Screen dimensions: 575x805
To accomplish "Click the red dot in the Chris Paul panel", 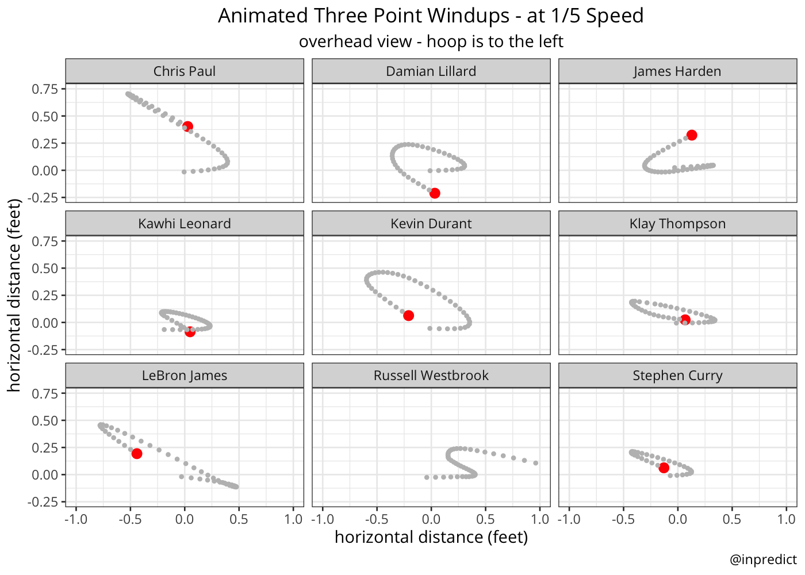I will pos(187,126).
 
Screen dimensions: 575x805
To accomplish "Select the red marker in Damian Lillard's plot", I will pos(435,193).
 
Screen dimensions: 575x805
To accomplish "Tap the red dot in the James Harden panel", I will pos(692,135).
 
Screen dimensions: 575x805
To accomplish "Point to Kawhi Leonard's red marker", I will pos(190,332).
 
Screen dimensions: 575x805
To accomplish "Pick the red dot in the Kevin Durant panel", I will pos(408,316).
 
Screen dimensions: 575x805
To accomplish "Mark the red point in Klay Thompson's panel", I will pos(685,320).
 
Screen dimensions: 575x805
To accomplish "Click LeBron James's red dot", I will pos(137,454).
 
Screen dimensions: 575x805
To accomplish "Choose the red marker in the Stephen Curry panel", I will pos(664,468).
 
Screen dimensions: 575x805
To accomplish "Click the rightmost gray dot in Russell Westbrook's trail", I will pos(535,463).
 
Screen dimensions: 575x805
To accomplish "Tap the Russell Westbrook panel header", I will pos(431,375).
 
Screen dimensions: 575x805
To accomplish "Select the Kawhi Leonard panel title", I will pos(185,224).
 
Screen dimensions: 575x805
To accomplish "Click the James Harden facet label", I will pos(677,71).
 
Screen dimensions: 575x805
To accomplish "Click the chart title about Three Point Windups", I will pos(431,16).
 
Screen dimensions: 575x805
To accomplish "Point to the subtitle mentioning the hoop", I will pos(431,41).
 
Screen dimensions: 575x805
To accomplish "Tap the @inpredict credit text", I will pos(763,559).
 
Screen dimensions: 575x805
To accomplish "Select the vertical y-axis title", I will pos(14,296).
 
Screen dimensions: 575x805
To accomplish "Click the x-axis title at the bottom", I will pos(431,537).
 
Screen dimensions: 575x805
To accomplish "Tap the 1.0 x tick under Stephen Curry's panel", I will pos(786,519).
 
